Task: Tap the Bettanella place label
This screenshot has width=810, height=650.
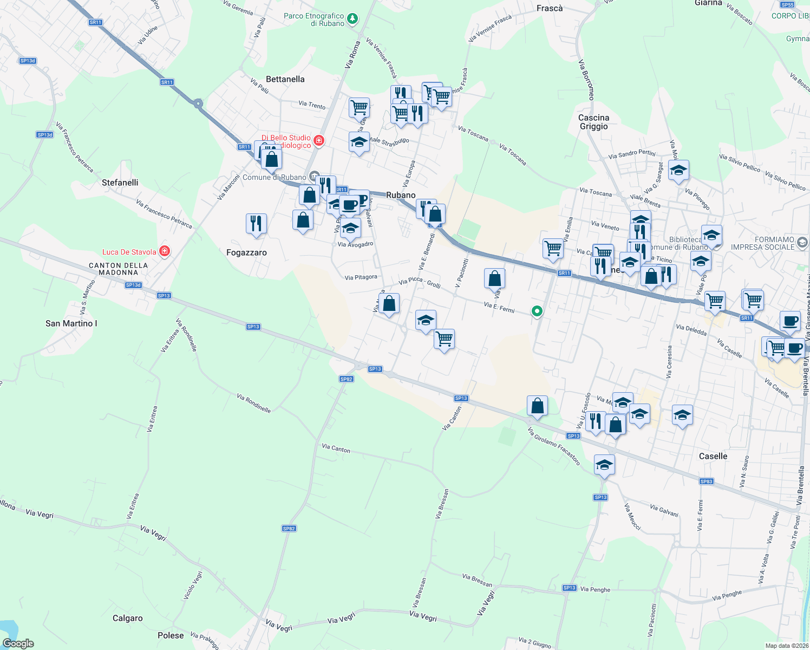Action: point(285,79)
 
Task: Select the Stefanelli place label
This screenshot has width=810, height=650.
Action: point(120,183)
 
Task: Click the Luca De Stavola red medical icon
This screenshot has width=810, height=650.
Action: point(165,251)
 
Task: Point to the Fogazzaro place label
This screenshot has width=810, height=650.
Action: point(246,252)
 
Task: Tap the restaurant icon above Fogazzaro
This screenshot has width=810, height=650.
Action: point(256,223)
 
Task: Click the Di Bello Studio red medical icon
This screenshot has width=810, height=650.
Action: point(319,141)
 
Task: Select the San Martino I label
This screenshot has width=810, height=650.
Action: point(71,323)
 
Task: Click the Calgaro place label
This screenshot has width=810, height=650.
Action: point(127,618)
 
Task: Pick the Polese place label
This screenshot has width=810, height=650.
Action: point(171,635)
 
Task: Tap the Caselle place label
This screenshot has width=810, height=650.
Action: point(713,456)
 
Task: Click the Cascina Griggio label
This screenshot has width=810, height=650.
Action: point(593,122)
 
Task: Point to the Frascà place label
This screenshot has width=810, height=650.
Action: point(550,8)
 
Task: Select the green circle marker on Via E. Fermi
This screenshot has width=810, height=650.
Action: point(537,311)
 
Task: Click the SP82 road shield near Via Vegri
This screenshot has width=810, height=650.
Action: point(289,528)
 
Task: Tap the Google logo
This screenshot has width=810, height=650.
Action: point(18,643)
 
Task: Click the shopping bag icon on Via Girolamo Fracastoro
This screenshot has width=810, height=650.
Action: point(537,406)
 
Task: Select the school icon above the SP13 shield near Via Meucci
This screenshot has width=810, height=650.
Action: point(604,465)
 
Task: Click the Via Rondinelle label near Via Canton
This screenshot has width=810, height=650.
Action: point(253,404)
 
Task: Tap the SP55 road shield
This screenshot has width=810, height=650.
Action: point(787,5)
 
